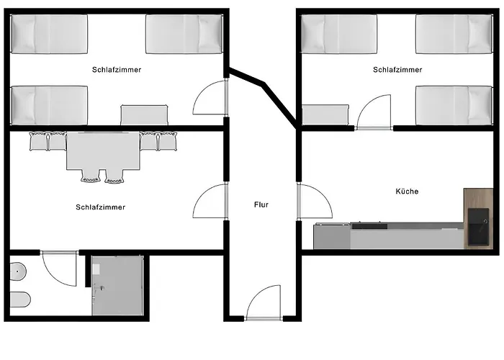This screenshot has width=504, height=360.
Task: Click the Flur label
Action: coord(261,204)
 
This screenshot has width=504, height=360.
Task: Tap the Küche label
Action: coord(407,192)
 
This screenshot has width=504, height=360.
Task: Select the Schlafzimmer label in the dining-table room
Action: coord(101,207)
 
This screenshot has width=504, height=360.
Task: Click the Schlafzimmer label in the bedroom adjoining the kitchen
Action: coord(397,70)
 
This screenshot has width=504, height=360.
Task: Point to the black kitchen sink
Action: coord(478,228)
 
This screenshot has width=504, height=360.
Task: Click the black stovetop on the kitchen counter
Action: coord(369,225)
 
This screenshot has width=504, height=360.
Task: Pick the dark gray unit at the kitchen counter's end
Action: coord(332,236)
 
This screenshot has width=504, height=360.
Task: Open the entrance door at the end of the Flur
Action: coord(264,302)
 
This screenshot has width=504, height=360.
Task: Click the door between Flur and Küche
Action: coord(315,202)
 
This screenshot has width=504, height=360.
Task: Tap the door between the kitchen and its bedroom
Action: coord(374,112)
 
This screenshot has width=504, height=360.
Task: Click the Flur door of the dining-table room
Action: coord(210,202)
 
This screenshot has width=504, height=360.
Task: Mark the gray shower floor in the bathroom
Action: coord(117,285)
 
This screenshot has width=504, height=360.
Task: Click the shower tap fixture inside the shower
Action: coord(99,289)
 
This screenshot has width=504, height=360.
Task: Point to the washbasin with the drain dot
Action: coord(18,271)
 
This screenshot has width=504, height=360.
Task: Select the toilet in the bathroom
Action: coord(20,300)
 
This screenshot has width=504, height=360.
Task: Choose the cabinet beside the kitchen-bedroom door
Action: coord(325,114)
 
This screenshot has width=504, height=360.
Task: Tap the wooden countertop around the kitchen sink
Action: coord(478,219)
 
